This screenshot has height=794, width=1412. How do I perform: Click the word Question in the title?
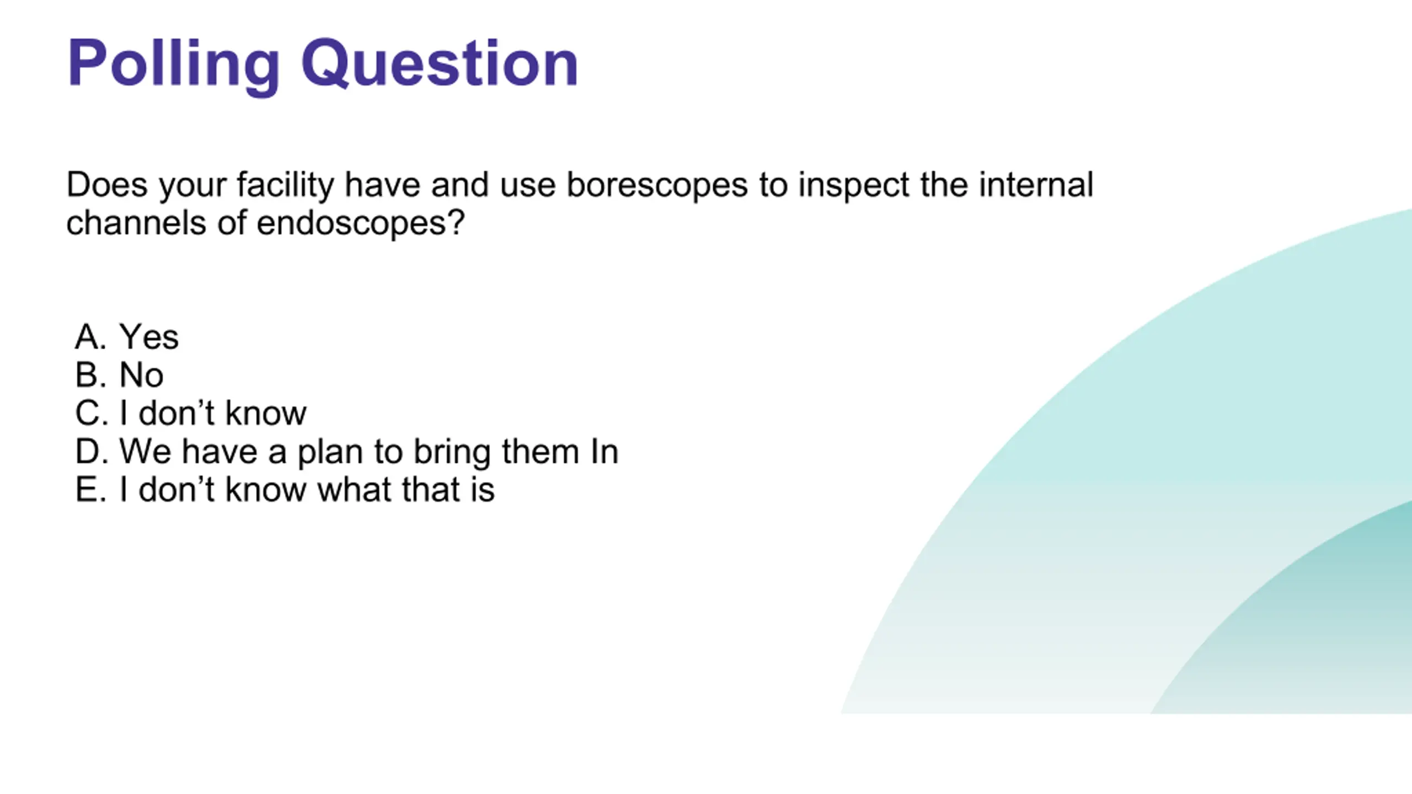pos(440,63)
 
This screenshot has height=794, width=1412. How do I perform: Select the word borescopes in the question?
pos(657,184)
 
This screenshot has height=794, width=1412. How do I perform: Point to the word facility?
pos(285,185)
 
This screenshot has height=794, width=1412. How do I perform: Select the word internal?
pos(1036,184)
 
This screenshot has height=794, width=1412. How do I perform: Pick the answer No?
pos(141,375)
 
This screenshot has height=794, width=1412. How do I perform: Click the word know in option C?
pos(265,413)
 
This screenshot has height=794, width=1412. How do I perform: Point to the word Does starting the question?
pos(107,184)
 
